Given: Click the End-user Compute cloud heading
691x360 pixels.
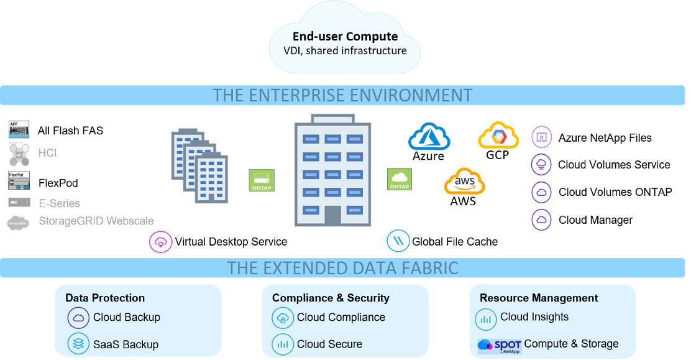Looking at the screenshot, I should pyautogui.click(x=345, y=37).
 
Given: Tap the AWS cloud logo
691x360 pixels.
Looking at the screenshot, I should pyautogui.click(x=464, y=182).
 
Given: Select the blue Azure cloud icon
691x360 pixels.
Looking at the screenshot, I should pyautogui.click(x=429, y=136).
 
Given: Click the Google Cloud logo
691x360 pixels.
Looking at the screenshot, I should pyautogui.click(x=498, y=135).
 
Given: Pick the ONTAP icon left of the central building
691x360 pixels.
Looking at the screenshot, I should pyautogui.click(x=261, y=180).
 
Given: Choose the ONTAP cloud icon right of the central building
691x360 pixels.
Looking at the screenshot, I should pyautogui.click(x=399, y=179).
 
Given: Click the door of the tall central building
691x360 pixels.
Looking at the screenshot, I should pyautogui.click(x=332, y=215).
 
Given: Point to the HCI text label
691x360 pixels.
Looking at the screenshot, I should pyautogui.click(x=48, y=153).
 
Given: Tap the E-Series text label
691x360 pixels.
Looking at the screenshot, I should pyautogui.click(x=59, y=203).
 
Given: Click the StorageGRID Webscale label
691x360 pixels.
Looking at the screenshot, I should pyautogui.click(x=96, y=221).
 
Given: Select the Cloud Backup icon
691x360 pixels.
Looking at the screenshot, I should pyautogui.click(x=78, y=318).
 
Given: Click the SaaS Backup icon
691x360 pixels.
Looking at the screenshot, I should pyautogui.click(x=78, y=344).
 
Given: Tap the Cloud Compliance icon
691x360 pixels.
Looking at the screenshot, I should pyautogui.click(x=283, y=318).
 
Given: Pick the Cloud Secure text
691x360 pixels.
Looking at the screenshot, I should pyautogui.click(x=329, y=344).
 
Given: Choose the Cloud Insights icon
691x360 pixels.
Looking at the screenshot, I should pyautogui.click(x=486, y=318).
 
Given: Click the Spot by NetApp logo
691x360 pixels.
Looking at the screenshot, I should pyautogui.click(x=499, y=345).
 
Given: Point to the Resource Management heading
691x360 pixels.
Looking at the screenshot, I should pyautogui.click(x=539, y=298).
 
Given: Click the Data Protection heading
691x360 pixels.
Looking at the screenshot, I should pyautogui.click(x=105, y=298).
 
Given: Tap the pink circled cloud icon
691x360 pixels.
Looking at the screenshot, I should pyautogui.click(x=161, y=242).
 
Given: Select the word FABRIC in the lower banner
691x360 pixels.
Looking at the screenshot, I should pyautogui.click(x=426, y=268).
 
